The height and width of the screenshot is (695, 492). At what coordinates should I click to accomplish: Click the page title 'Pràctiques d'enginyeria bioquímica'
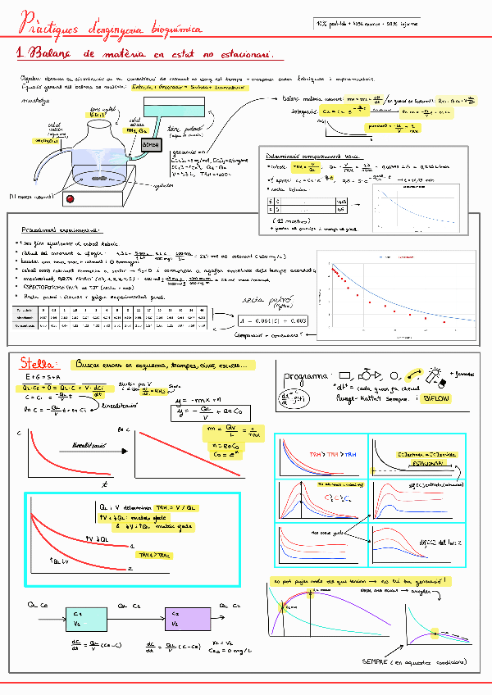(x=111, y=27)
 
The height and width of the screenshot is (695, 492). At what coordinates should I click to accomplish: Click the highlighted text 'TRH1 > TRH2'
(x=155, y=555)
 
